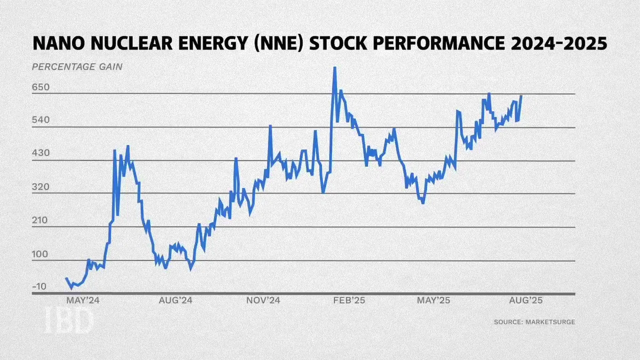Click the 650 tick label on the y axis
[x=41, y=87]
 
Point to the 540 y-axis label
[x=41, y=119]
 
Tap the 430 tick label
[x=41, y=153]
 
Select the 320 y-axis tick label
[x=41, y=187]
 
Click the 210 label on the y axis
[x=39, y=220]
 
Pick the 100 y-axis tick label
[x=39, y=254]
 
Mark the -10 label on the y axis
[x=39, y=286]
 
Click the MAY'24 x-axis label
[x=83, y=300]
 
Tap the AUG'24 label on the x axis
[x=175, y=300]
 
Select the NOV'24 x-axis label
[x=263, y=300]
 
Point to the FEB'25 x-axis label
[x=349, y=300]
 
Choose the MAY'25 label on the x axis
[x=434, y=300]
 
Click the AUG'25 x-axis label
[x=526, y=300]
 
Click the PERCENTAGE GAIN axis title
[x=77, y=67]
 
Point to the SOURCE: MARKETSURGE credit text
[x=534, y=322]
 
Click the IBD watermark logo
[x=69, y=321]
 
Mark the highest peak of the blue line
[x=334, y=68]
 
